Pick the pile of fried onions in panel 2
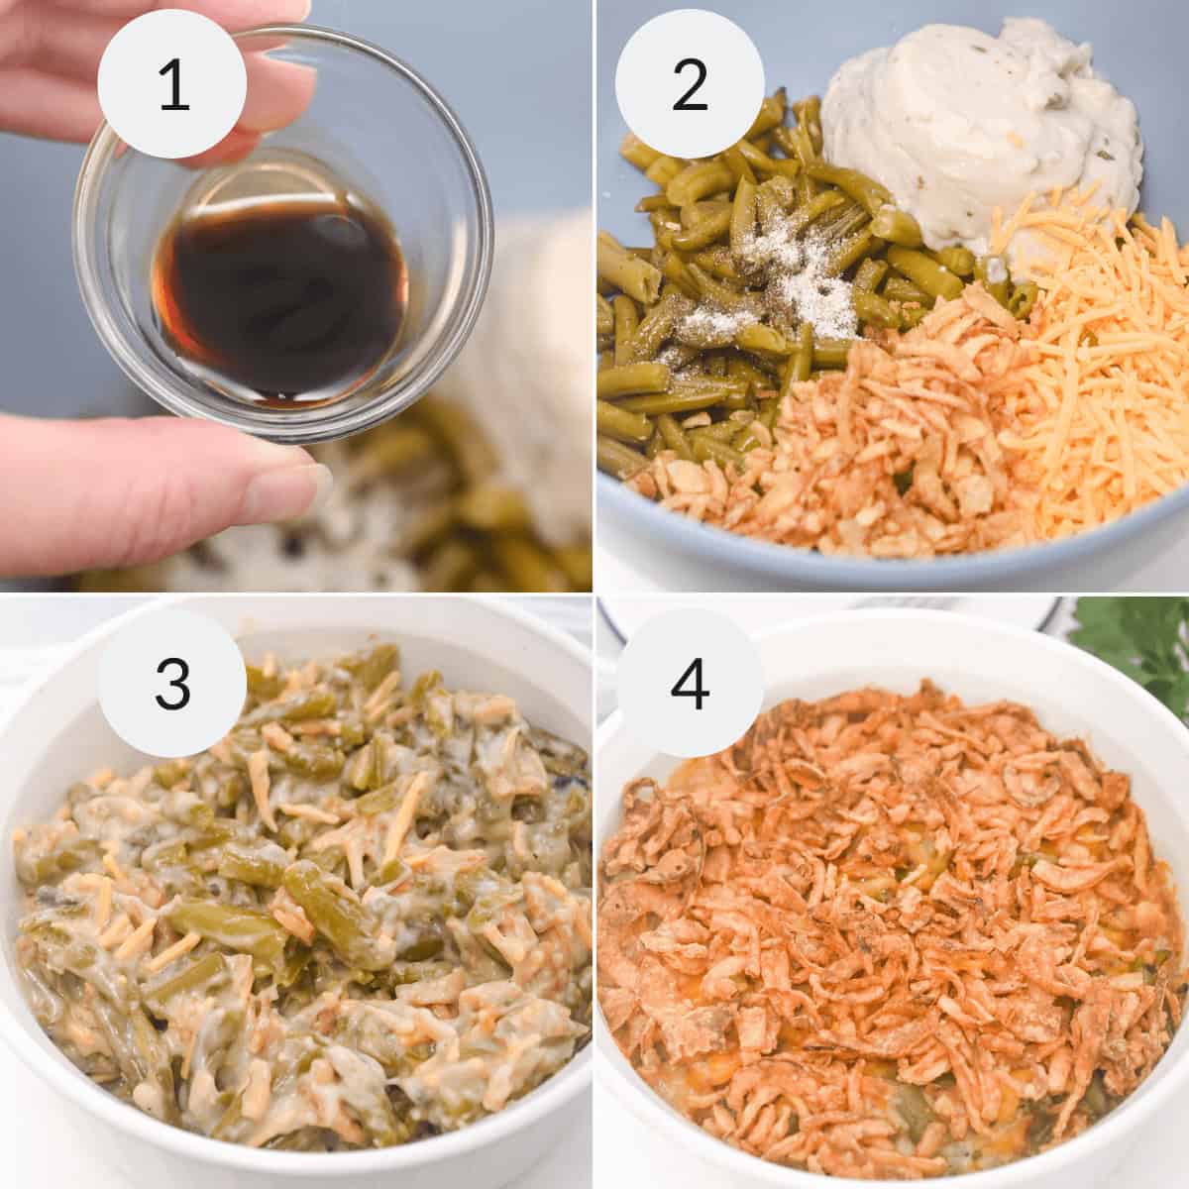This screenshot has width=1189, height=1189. point(892,436)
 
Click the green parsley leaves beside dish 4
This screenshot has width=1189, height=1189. point(1139,654)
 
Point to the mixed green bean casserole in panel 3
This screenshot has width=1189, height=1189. point(297,892)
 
